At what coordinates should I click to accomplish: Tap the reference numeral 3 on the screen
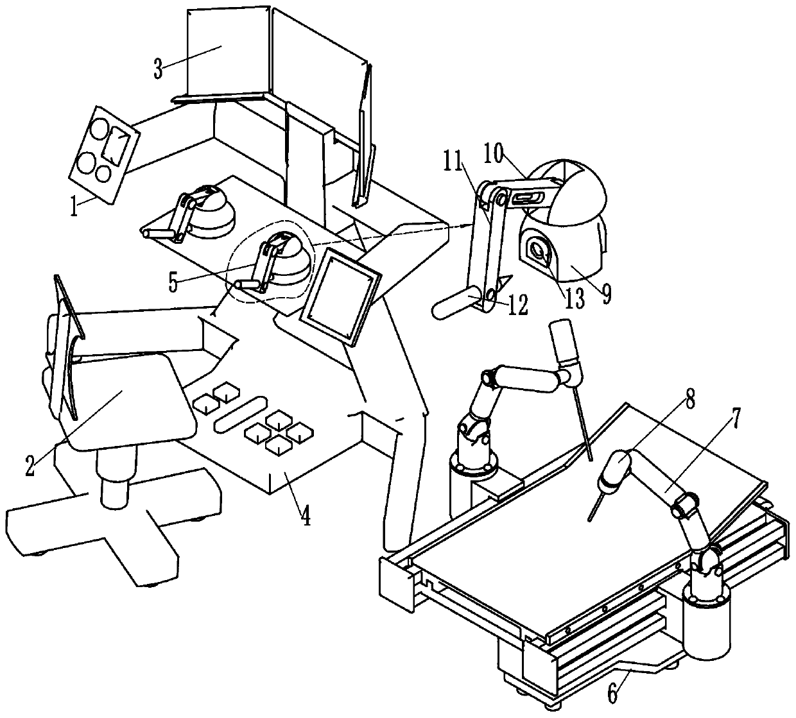pyautogui.click(x=158, y=69)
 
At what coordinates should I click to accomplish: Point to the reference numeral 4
pyautogui.click(x=306, y=515)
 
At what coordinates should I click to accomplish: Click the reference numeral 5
pyautogui.click(x=173, y=283)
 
